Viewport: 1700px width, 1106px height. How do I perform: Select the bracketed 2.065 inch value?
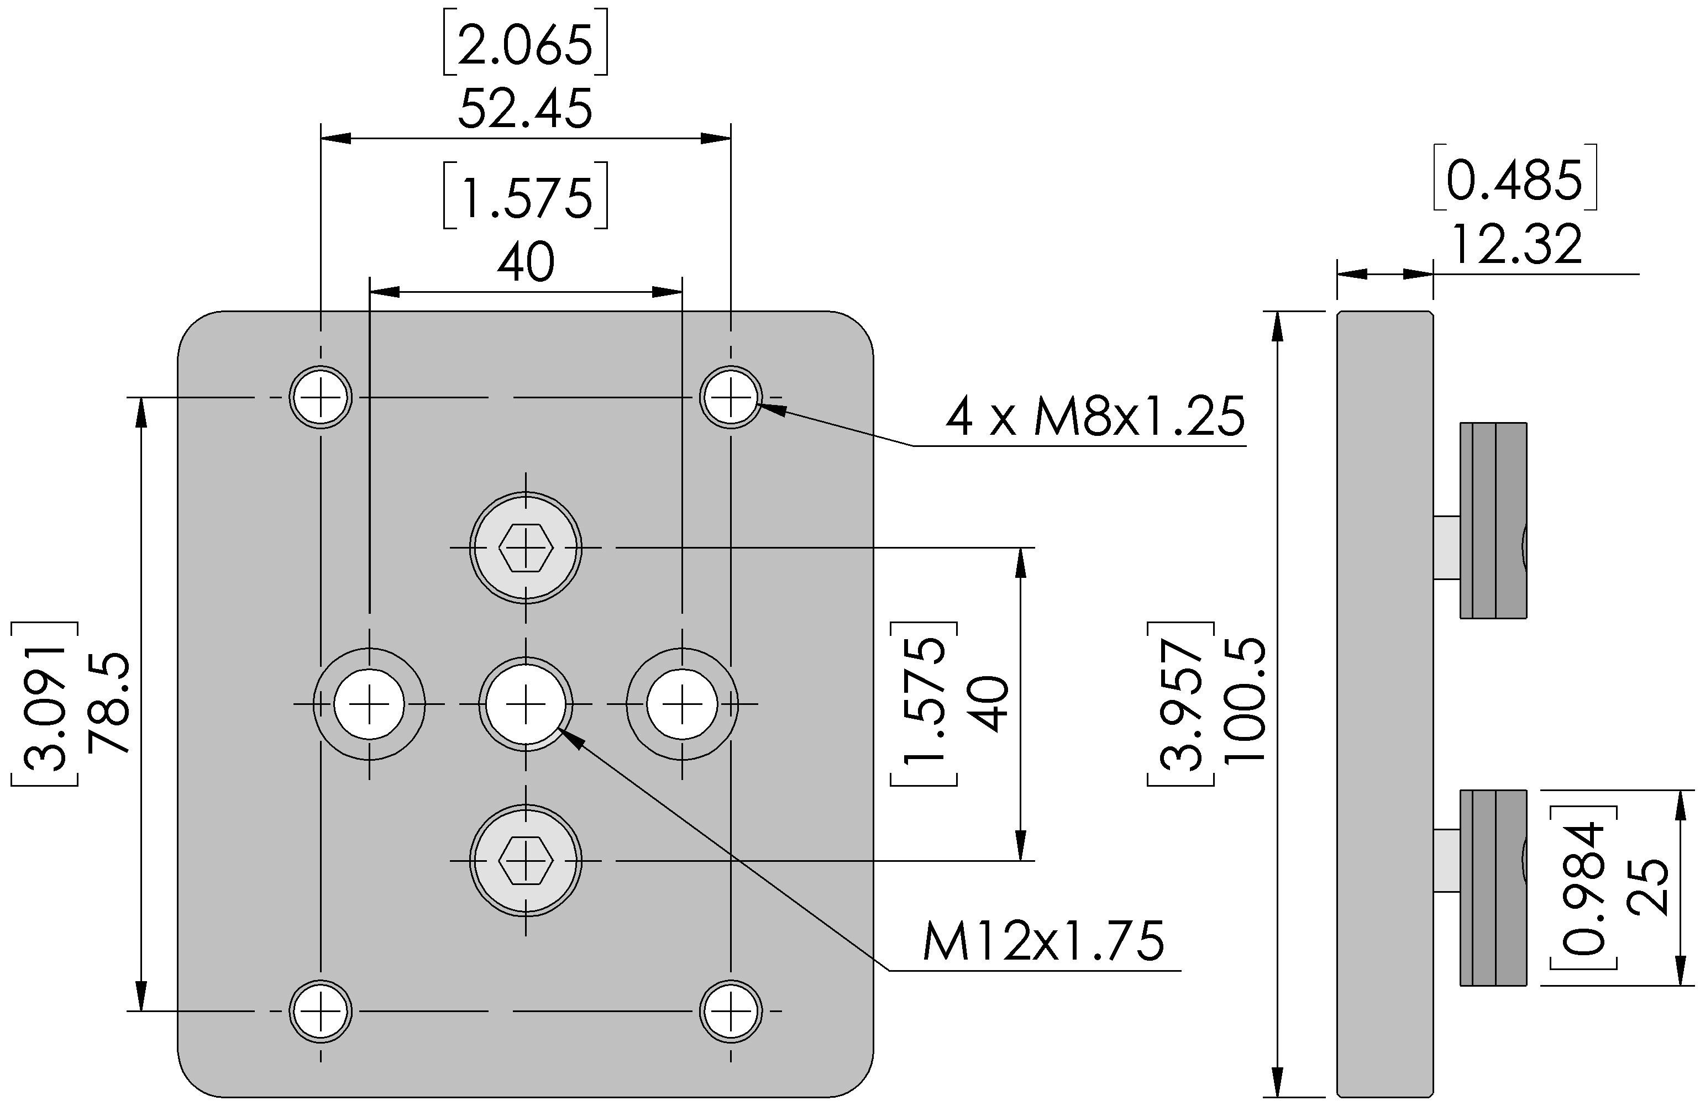525,42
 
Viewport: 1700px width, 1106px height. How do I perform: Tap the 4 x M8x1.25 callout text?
1095,417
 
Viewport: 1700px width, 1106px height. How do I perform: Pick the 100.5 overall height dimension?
1244,704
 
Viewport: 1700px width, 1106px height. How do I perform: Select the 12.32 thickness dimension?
1517,245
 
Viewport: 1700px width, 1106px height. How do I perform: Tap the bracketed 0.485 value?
1514,178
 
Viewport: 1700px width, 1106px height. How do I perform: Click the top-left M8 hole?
321,397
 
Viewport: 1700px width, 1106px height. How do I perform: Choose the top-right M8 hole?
731,397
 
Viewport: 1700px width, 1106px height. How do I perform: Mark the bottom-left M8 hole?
321,1011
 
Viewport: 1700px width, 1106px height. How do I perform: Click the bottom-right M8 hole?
731,1011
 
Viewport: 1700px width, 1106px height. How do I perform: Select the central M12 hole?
526,704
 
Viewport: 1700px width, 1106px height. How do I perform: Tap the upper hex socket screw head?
526,547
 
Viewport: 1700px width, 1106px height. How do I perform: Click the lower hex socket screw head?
526,860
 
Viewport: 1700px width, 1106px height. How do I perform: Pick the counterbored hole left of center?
369,704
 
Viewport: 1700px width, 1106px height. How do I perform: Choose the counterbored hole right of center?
682,704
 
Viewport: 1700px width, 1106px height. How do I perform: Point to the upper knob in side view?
1493,520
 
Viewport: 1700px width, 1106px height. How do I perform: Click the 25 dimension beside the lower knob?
1647,888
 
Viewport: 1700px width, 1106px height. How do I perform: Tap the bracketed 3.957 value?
1182,704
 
